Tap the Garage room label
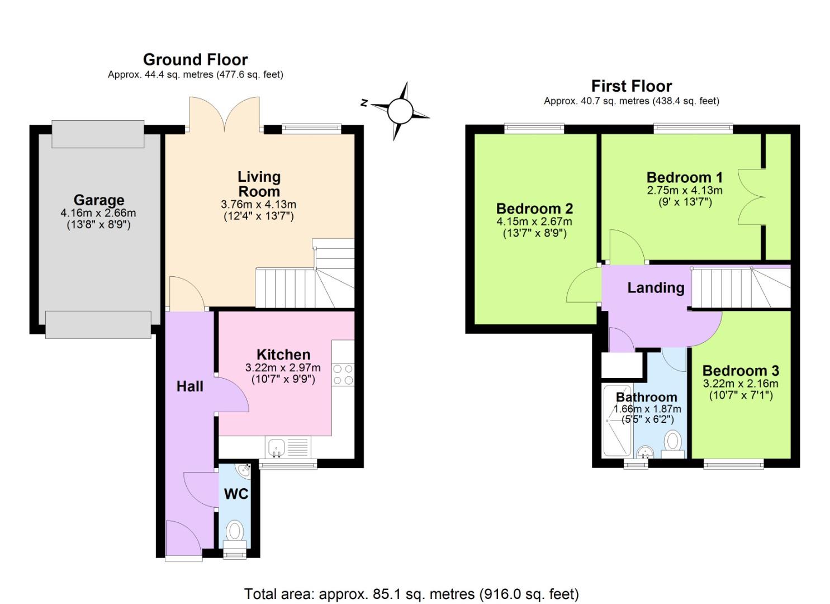click(99, 200)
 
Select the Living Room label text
click(259, 184)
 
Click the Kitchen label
click(283, 355)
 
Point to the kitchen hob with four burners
click(343, 375)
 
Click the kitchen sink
click(276, 447)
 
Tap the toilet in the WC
click(235, 532)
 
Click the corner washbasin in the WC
click(244, 471)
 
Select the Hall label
click(190, 386)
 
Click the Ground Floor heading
click(195, 59)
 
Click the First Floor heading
click(631, 86)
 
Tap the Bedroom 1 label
click(684, 177)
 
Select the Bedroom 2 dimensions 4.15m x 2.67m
click(534, 221)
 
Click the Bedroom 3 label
click(741, 370)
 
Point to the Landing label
click(656, 287)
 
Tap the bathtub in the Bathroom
click(617, 419)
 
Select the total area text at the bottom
click(411, 593)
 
